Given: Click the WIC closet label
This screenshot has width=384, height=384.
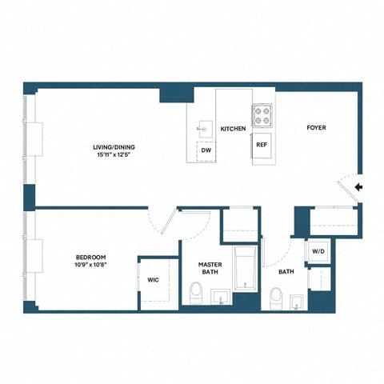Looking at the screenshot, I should pyautogui.click(x=154, y=281).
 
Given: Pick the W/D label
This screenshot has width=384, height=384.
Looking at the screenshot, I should pyautogui.click(x=318, y=251).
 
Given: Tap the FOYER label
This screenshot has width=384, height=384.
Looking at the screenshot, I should pyautogui.click(x=316, y=128).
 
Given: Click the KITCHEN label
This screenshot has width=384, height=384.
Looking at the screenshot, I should pyautogui.click(x=233, y=129).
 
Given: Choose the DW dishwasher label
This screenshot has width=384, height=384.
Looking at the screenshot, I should pyautogui.click(x=206, y=150).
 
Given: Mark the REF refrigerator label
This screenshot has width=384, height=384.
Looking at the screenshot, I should pyautogui.click(x=262, y=145).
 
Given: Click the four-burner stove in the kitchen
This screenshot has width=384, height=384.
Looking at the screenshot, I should pyautogui.click(x=262, y=115).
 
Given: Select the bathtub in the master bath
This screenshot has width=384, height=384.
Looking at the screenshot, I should pyautogui.click(x=245, y=268).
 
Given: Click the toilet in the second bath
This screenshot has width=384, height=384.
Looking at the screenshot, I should pyautogui.click(x=275, y=298).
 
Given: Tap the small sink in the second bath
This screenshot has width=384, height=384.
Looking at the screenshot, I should pyautogui.click(x=295, y=300).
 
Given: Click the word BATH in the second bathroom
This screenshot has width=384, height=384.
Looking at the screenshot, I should pyautogui.click(x=286, y=272).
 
